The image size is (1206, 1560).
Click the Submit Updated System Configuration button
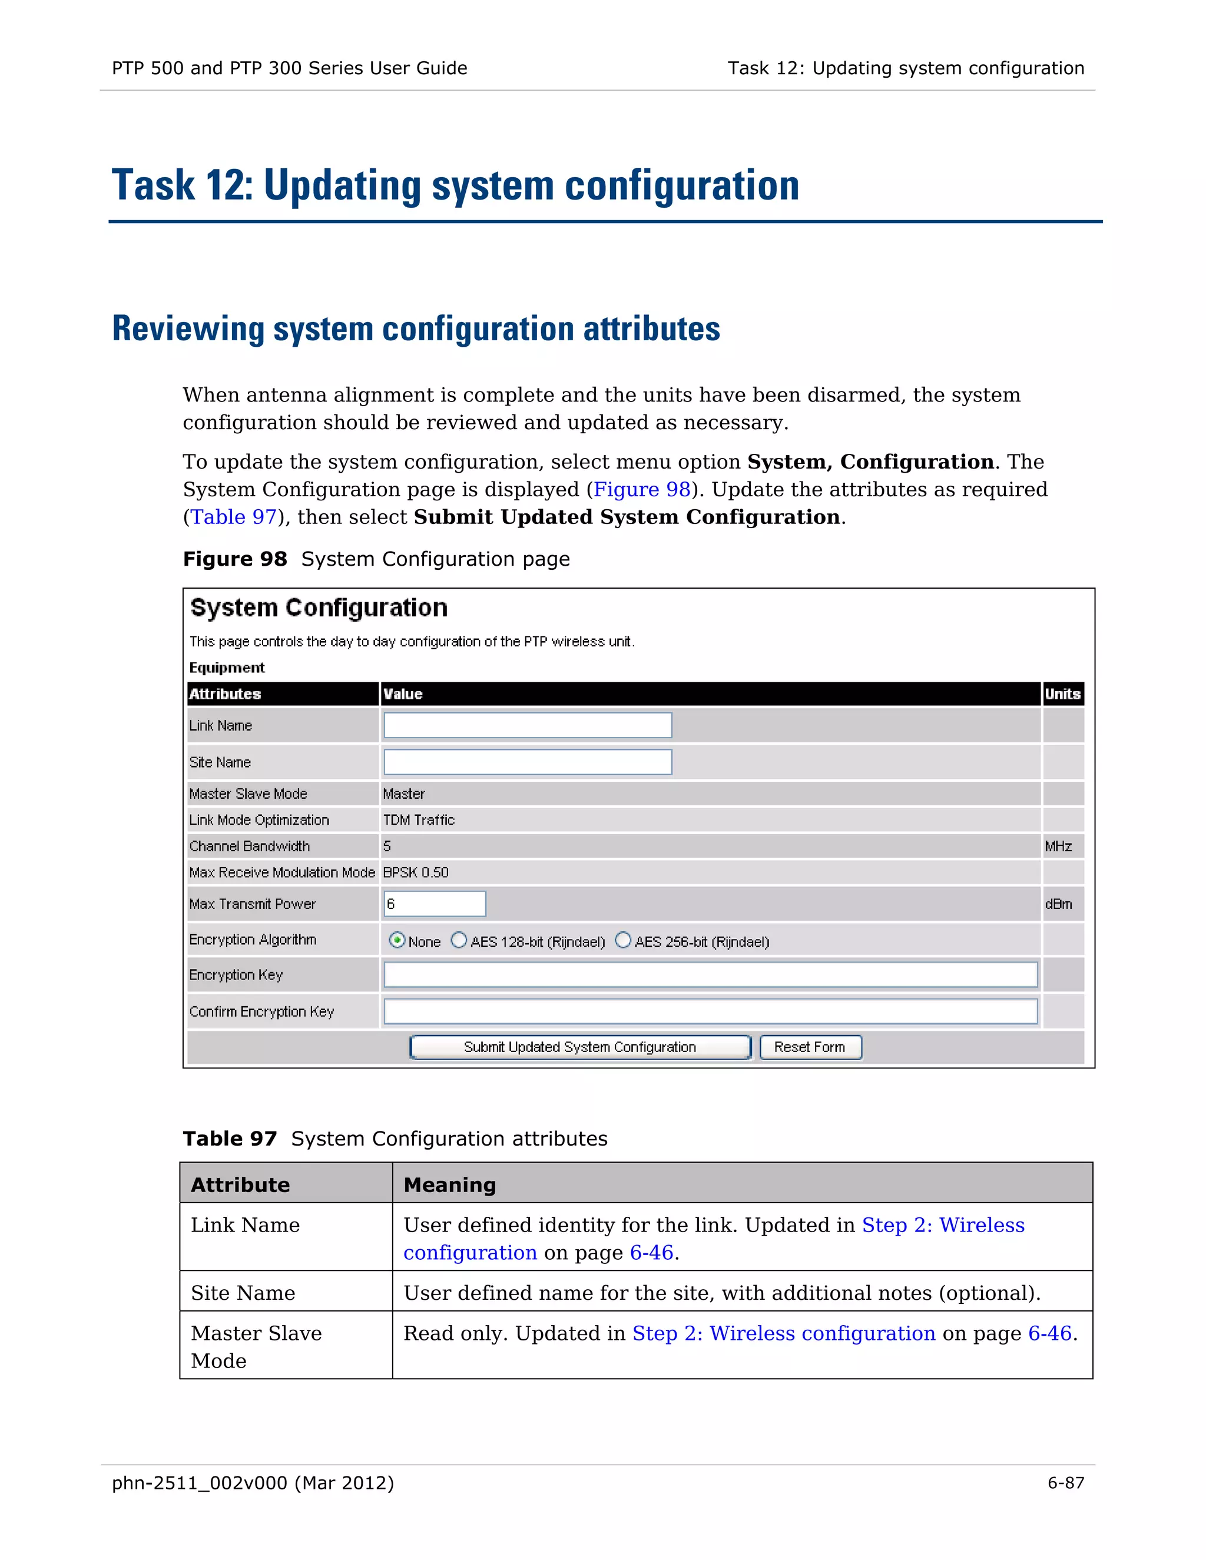pyautogui.click(x=579, y=1047)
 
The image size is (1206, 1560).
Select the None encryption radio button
pyautogui.click(x=397, y=940)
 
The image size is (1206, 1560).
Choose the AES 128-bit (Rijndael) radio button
pyautogui.click(x=459, y=940)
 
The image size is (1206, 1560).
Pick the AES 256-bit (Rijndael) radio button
pyautogui.click(x=623, y=940)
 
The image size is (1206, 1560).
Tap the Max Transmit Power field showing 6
pyautogui.click(x=435, y=904)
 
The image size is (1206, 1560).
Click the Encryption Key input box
pyautogui.click(x=710, y=974)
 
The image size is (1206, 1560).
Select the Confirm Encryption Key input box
pyautogui.click(x=710, y=1011)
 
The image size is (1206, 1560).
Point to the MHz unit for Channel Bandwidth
pyautogui.click(x=1058, y=847)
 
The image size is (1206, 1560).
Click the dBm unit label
pyautogui.click(x=1058, y=904)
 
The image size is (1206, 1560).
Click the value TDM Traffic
pyautogui.click(x=419, y=820)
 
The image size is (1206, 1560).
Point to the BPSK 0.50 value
pyautogui.click(x=416, y=872)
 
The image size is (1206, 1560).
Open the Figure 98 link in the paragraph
pyautogui.click(x=642, y=489)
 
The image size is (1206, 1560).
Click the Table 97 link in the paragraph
pyautogui.click(x=234, y=517)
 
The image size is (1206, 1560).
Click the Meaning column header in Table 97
pyautogui.click(x=449, y=1185)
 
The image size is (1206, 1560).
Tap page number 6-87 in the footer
pyautogui.click(x=1065, y=1483)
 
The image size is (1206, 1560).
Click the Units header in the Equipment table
pyautogui.click(x=1062, y=693)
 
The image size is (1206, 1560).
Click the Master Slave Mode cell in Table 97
pyautogui.click(x=256, y=1346)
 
